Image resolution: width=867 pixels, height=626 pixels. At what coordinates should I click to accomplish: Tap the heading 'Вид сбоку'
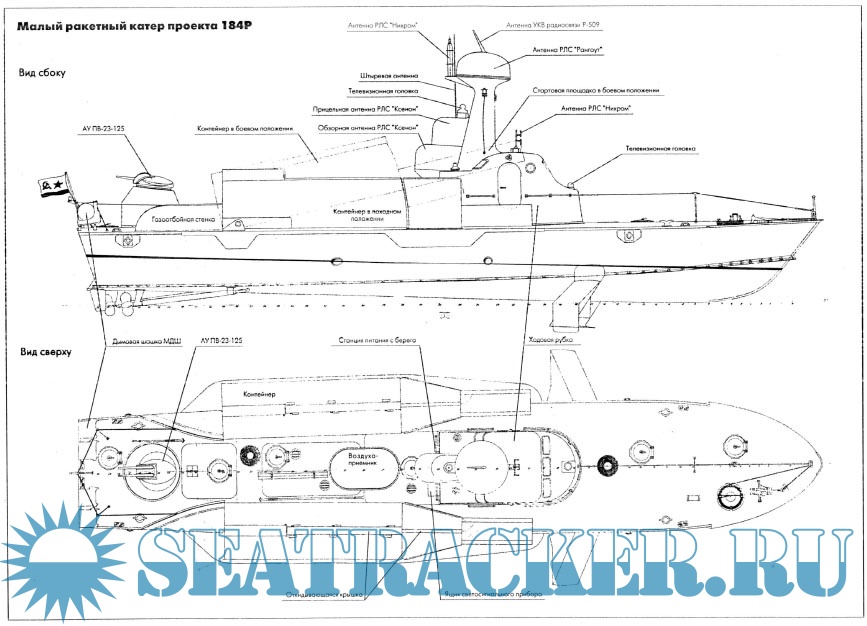40,74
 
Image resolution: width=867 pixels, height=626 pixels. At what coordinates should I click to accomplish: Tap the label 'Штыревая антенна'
390,75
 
